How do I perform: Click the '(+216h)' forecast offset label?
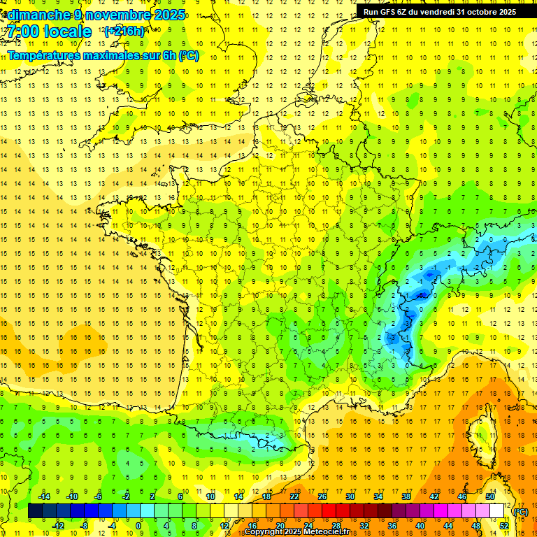124,31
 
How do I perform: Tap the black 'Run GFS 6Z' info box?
440,12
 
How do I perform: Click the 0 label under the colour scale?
138,525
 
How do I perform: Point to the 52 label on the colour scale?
503,525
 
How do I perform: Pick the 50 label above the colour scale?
490,496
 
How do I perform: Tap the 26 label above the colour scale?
322,496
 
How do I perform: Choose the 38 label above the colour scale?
406,496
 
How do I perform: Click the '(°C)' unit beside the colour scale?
520,511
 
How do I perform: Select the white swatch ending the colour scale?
497,511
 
